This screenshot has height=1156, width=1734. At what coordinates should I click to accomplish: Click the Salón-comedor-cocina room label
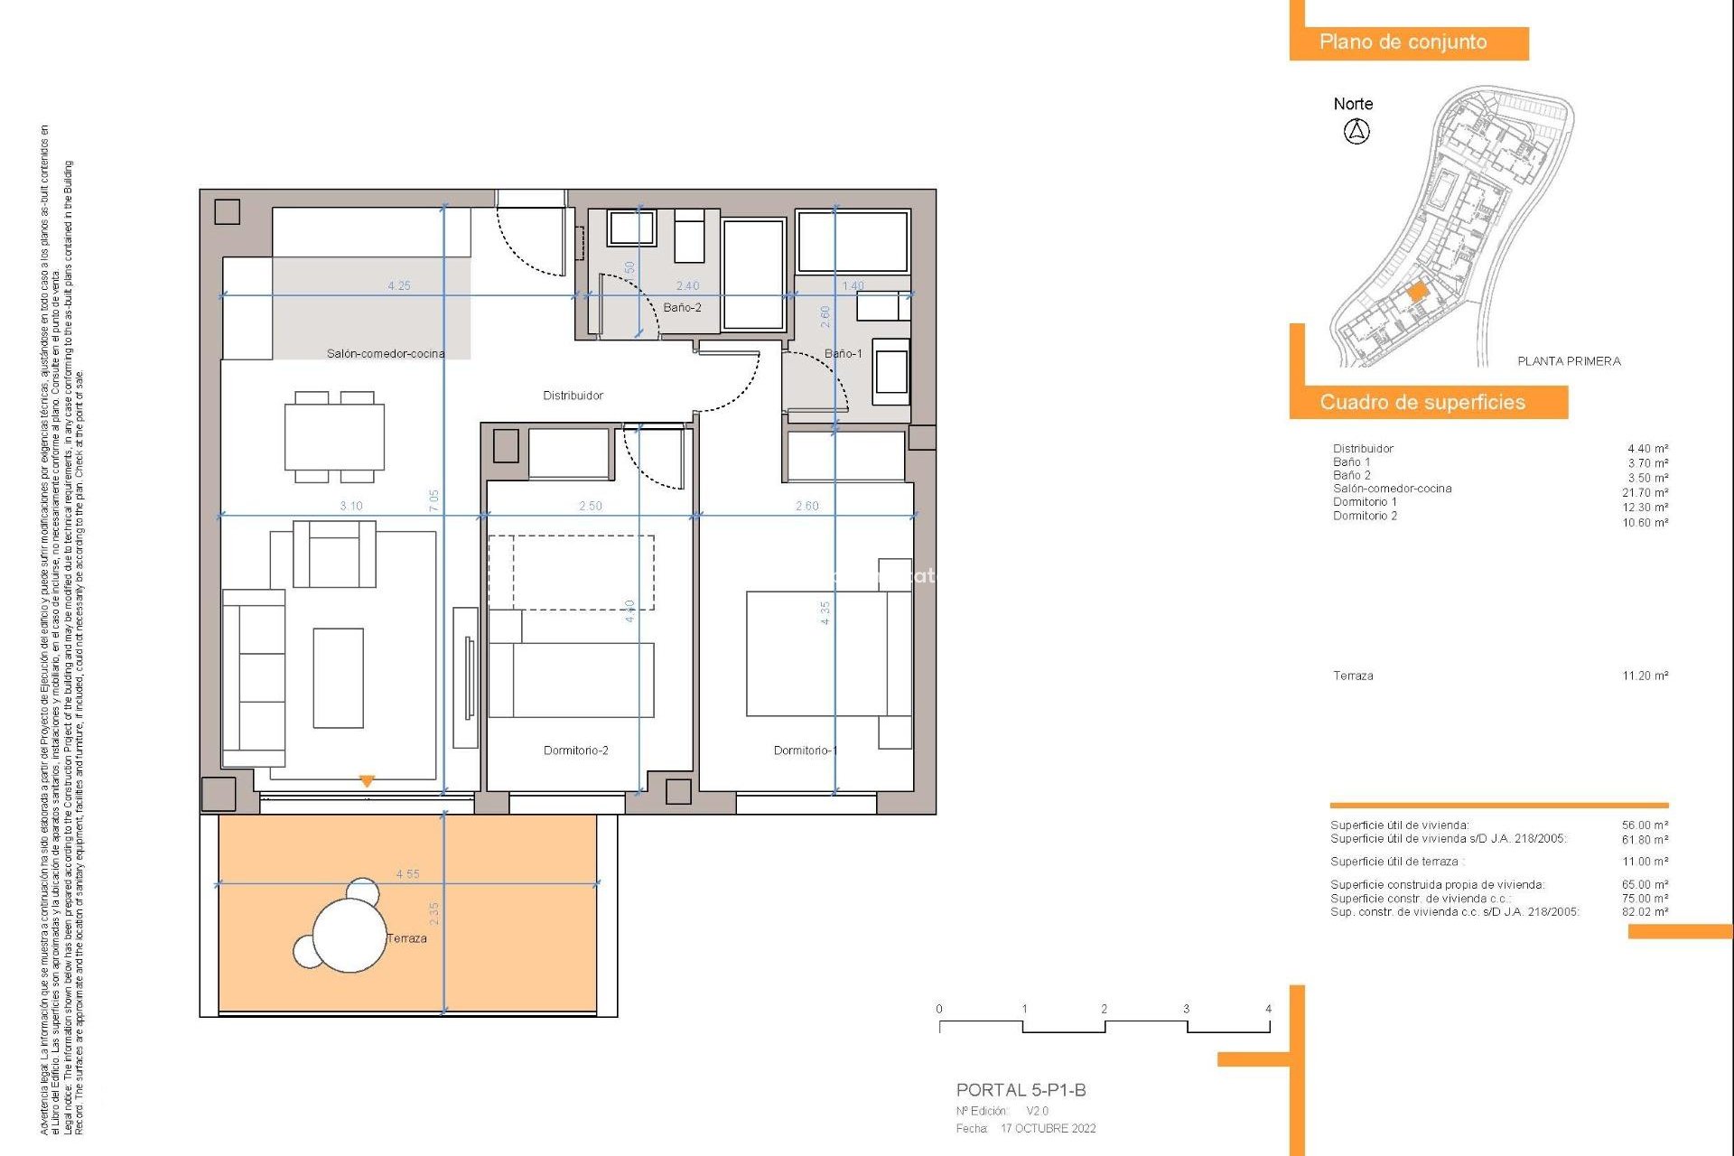coord(386,354)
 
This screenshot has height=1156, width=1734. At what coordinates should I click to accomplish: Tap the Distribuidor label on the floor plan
coord(573,396)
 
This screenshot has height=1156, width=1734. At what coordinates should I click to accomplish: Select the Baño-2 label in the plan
coord(682,308)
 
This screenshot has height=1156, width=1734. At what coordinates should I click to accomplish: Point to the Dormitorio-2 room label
coord(575,750)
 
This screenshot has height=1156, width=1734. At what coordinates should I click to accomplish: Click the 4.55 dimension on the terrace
coord(407,874)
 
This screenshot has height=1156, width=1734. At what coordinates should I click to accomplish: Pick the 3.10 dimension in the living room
coord(351,506)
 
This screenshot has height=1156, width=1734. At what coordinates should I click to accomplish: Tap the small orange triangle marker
coord(367,781)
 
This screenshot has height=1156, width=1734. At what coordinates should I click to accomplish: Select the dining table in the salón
coord(334,437)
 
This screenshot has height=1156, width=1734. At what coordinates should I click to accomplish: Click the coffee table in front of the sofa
coord(338,677)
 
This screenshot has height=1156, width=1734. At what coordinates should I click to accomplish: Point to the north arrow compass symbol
coord(1356,132)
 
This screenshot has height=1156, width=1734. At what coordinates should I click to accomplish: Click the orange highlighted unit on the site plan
coord(1417,292)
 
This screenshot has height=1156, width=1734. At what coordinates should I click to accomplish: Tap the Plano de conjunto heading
coord(1403,42)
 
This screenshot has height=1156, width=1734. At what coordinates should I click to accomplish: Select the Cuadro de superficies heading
coord(1422,403)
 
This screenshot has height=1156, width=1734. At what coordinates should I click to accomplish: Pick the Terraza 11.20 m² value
coord(1645,676)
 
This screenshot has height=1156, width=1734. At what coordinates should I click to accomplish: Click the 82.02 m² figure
coord(1645,912)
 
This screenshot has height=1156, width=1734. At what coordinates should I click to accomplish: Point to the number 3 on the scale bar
coord(1186,1009)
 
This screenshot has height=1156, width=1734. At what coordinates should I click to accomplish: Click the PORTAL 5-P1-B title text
coord(1021,1090)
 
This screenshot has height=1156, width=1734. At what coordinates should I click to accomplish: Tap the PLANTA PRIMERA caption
coord(1569,361)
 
